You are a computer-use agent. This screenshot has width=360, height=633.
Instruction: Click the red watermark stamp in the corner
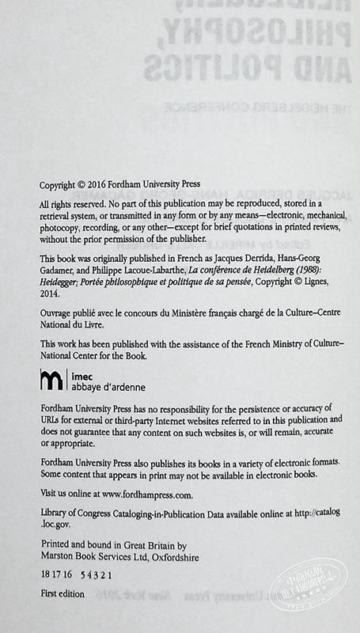pyautogui.click(x=324, y=608)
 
